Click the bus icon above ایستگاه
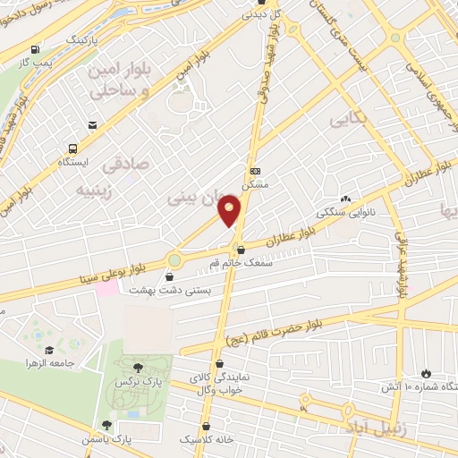(71, 148)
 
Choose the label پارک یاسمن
(134, 439)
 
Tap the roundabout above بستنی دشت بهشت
(174, 261)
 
